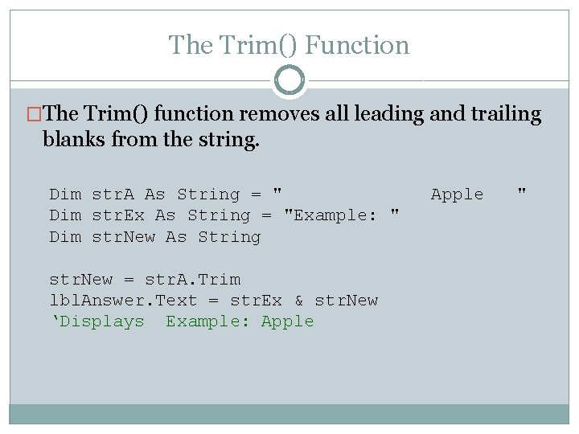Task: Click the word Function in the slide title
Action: (358, 45)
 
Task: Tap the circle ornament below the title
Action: (289, 81)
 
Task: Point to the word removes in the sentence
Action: (273, 114)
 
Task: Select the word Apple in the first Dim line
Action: (458, 194)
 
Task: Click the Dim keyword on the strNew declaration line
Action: (65, 237)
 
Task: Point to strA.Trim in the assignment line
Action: (192, 280)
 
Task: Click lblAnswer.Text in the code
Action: (123, 301)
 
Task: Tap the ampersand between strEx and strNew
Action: (299, 301)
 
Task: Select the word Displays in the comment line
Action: (102, 321)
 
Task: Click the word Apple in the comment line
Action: (288, 321)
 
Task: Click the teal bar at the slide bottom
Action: (289, 413)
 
